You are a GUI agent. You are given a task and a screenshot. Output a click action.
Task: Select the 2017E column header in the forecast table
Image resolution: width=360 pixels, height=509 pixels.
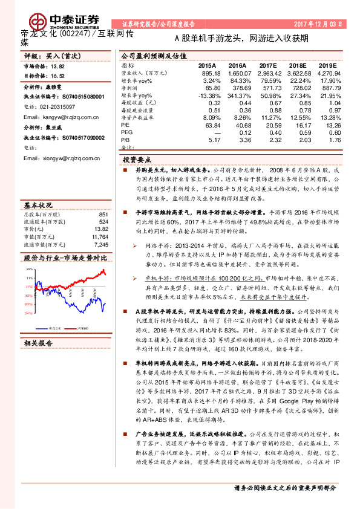[x=267, y=65]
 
